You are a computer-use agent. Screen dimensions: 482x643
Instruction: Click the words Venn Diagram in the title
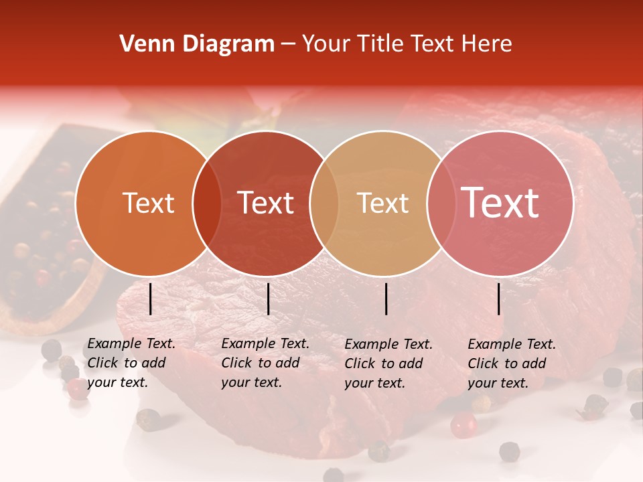click(x=197, y=44)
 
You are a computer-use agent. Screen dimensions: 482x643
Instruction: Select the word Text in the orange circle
click(x=148, y=203)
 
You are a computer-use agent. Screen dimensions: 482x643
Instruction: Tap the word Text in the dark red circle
click(x=266, y=203)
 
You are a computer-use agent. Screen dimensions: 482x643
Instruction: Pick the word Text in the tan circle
click(x=382, y=203)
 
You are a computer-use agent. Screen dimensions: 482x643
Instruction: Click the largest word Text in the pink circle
click(x=500, y=203)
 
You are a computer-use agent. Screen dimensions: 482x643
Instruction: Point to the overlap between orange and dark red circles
click(x=207, y=203)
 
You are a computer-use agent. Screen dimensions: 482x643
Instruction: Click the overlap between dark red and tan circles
click(x=324, y=203)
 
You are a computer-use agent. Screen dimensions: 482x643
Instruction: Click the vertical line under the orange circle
click(x=150, y=299)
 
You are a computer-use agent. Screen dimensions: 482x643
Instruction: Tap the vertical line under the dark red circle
click(x=268, y=299)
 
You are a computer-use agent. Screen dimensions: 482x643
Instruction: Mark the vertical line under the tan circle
click(x=386, y=299)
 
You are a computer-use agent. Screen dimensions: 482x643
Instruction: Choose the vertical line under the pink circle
click(x=499, y=299)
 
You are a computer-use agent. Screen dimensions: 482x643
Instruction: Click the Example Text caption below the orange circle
click(x=131, y=364)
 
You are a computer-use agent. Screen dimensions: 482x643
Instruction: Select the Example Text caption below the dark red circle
click(x=265, y=364)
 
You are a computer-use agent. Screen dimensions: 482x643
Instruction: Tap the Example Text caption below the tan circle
click(x=388, y=364)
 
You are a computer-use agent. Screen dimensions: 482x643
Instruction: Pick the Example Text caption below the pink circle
click(x=512, y=364)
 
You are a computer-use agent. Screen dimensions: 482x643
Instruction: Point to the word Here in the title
click(x=488, y=44)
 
